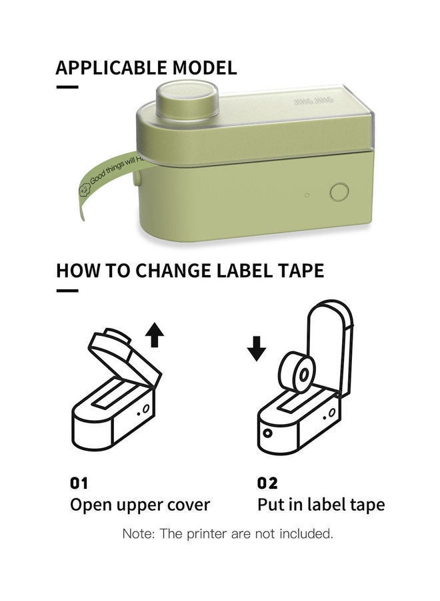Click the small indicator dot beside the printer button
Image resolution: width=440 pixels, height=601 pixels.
point(307,196)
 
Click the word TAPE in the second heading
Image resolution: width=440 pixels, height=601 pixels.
point(301,270)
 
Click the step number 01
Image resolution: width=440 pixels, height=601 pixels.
point(79,482)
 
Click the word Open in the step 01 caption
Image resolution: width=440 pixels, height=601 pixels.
point(91,505)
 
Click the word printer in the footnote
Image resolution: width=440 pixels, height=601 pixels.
point(205,534)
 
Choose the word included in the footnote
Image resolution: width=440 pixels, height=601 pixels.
point(304,534)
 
